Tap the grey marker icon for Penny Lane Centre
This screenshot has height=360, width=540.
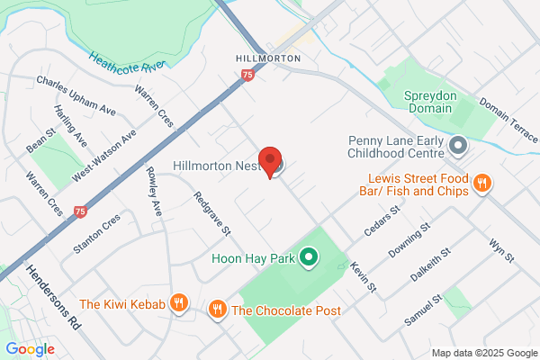pos(459,144)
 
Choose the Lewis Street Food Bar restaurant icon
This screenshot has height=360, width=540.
pos(482,183)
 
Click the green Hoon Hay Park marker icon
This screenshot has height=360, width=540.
pos(309,259)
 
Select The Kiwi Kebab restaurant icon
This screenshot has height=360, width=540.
pos(180,304)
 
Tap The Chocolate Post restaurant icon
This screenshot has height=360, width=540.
pos(217,310)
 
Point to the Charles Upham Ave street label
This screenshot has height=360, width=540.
pos(76,94)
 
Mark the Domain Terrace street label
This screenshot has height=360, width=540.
pos(509,121)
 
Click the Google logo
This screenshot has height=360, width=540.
pos(30,348)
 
